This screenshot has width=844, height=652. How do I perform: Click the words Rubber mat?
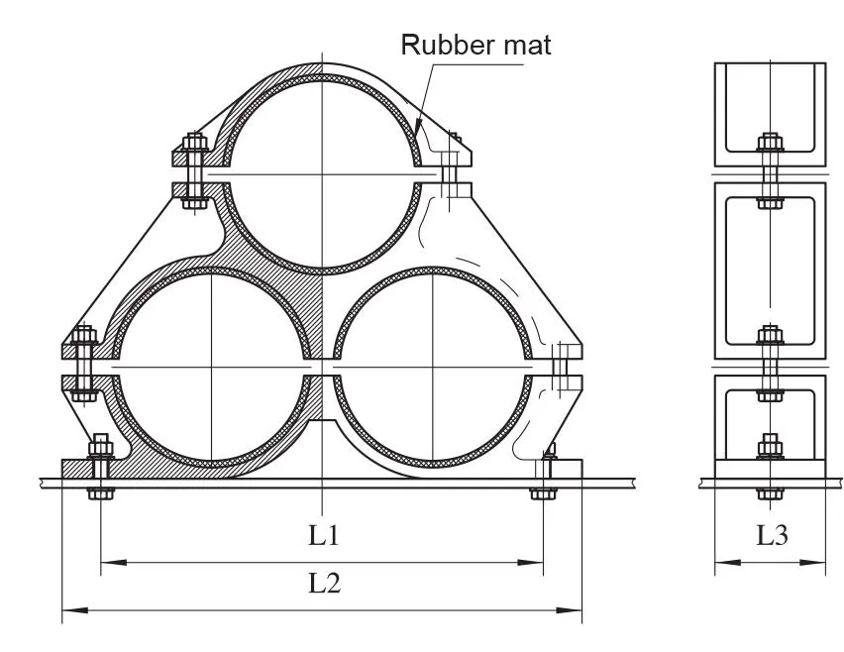[475, 45]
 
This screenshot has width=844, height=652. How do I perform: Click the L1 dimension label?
[324, 535]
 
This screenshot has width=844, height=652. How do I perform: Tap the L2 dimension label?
[324, 583]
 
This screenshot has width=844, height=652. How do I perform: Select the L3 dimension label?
[773, 535]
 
